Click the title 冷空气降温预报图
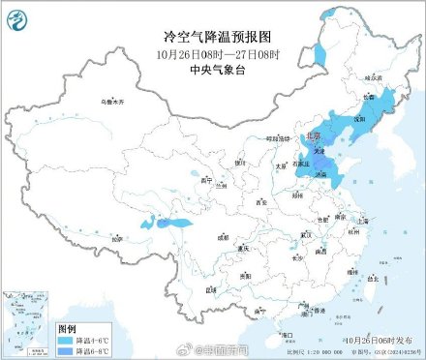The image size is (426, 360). (212, 35)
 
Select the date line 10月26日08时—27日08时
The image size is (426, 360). (212, 51)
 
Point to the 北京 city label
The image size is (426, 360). (312, 137)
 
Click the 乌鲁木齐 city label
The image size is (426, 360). (114, 102)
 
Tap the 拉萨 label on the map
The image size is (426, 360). (118, 235)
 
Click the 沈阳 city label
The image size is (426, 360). (360, 119)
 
